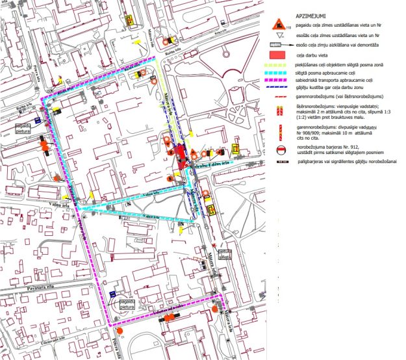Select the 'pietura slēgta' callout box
[x=225, y=254]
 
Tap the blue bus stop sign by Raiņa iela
[x=38, y=120]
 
